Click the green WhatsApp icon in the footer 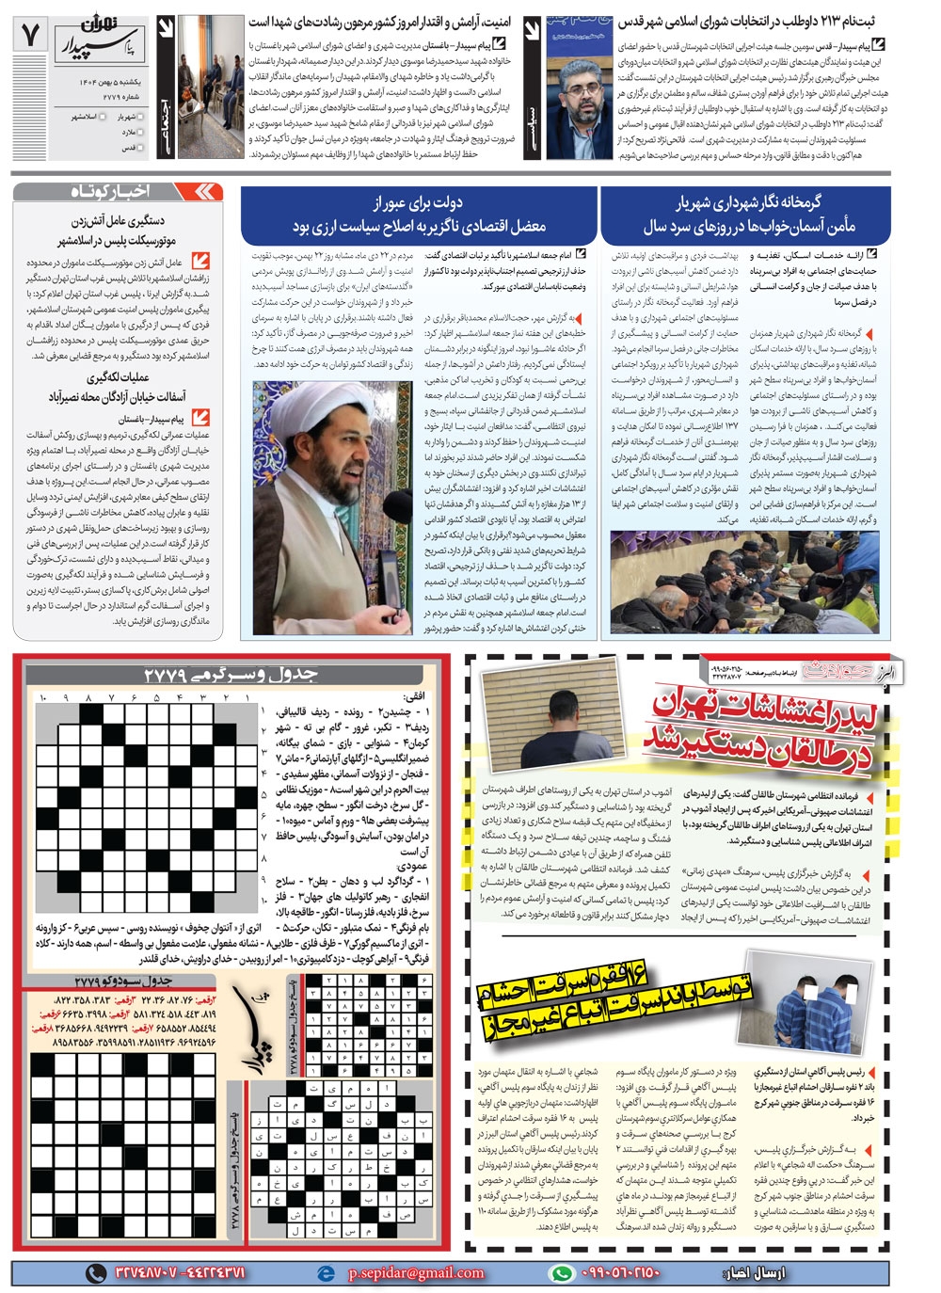pos(562,1272)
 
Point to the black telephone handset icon pos(95,1272)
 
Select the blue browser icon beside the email pos(327,1272)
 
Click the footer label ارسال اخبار pos(753,1272)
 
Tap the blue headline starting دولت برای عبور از pos(418,215)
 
